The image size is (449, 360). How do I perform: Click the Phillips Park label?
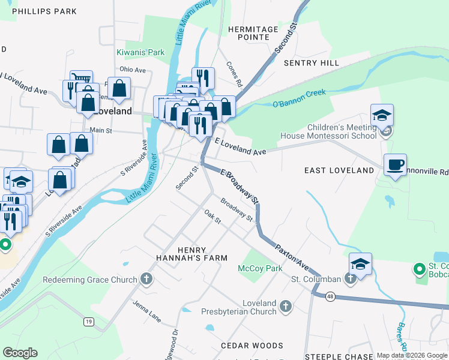click(x=44, y=11)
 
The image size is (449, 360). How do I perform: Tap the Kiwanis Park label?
click(x=140, y=52)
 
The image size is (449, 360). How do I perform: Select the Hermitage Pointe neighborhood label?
click(x=253, y=33)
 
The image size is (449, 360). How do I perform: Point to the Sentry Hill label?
click(x=312, y=63)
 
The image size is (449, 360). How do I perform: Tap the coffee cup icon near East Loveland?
click(x=395, y=164)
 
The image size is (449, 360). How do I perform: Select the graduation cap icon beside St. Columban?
click(x=361, y=264)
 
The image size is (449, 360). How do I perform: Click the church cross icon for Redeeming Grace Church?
click(x=146, y=279)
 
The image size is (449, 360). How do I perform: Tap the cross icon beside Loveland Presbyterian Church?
click(x=286, y=307)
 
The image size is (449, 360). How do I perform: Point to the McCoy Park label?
click(x=260, y=268)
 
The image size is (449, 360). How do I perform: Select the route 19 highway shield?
click(x=89, y=322)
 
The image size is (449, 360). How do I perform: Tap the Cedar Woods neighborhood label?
click(x=252, y=346)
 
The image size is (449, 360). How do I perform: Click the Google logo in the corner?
click(x=20, y=353)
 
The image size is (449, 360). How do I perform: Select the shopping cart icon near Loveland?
click(x=81, y=78)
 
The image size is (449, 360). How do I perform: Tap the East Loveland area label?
click(x=339, y=170)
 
